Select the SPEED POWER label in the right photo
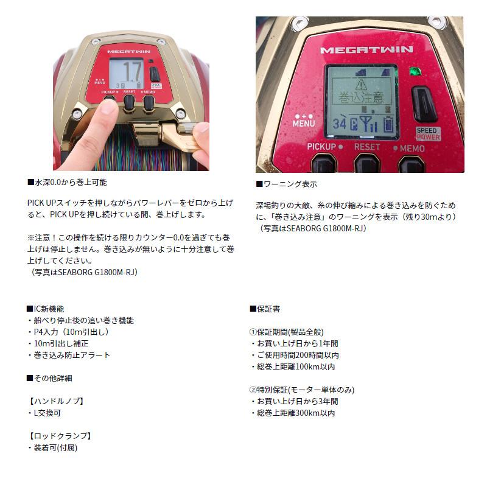(x=428, y=133)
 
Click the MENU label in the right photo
(x=303, y=121)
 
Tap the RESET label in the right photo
(x=367, y=147)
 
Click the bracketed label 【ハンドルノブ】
(x=56, y=401)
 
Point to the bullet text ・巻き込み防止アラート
(x=69, y=355)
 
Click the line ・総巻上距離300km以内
(x=292, y=413)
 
